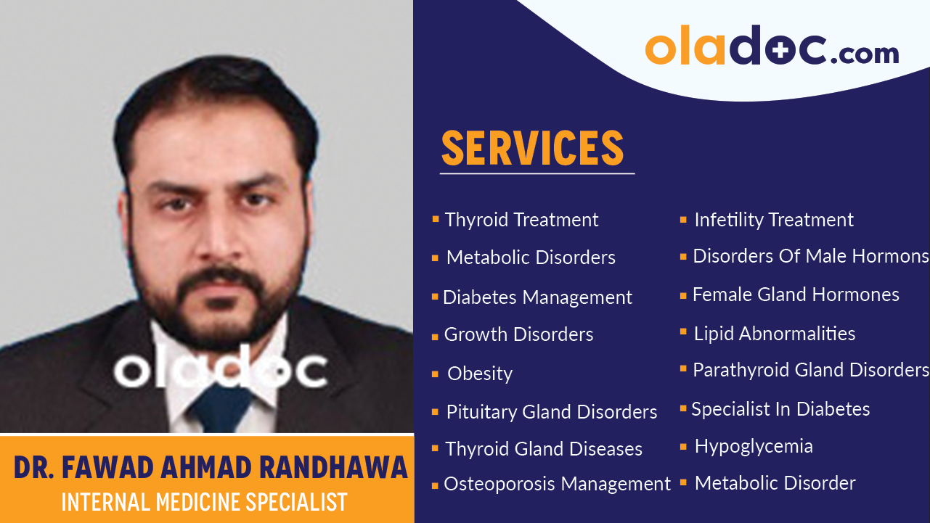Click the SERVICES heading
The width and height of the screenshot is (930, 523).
point(532,148)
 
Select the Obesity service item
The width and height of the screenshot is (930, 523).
point(479,374)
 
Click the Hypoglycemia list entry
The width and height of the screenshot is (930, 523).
point(753,446)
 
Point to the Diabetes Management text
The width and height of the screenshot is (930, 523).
point(537,297)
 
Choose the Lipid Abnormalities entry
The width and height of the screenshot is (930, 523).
point(774,334)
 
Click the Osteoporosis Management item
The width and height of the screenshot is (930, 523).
point(557,484)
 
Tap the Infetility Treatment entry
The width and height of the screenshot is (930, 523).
point(773,220)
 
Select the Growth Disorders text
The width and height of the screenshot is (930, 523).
point(518,334)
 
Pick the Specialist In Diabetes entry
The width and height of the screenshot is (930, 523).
point(780,409)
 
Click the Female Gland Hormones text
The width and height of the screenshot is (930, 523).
point(796,295)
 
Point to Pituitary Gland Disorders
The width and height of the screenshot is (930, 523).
point(551,412)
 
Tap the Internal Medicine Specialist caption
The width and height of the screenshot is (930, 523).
point(205,502)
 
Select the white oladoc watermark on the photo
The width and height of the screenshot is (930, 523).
point(220,368)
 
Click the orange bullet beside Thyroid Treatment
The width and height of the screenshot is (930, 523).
point(435,218)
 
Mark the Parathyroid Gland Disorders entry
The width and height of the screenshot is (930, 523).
point(810,370)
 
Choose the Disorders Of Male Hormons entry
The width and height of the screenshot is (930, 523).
point(810,256)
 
